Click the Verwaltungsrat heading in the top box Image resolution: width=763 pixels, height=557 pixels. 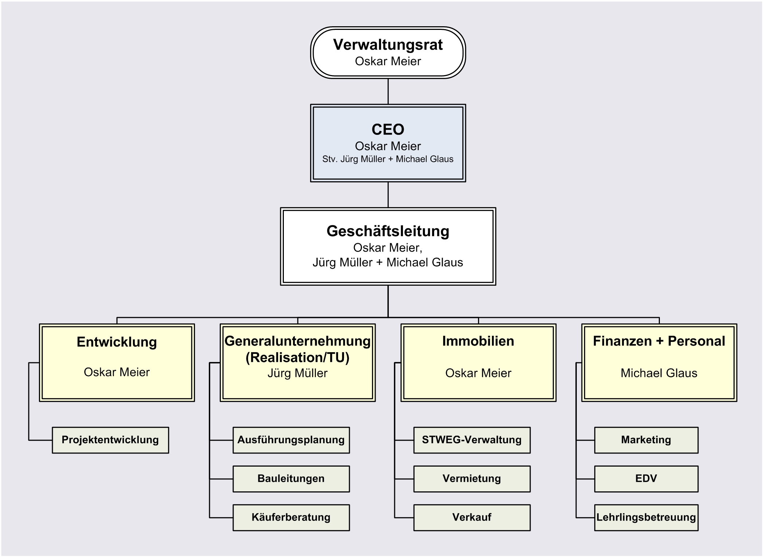click(x=388, y=45)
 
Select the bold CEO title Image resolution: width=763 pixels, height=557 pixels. click(x=388, y=129)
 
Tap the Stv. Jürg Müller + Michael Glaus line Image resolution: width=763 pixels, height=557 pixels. click(x=388, y=159)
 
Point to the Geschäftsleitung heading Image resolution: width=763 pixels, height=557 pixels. click(x=388, y=231)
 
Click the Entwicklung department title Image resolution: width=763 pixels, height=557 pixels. click(x=117, y=342)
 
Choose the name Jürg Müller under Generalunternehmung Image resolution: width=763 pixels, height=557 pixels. click(x=297, y=373)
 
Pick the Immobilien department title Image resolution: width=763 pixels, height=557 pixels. click(x=478, y=341)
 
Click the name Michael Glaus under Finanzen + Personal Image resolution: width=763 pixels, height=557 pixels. click(x=659, y=373)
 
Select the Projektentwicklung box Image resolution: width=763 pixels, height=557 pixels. click(x=110, y=440)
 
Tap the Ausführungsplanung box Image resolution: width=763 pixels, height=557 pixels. click(x=291, y=440)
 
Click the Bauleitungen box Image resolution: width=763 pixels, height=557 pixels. click(x=291, y=479)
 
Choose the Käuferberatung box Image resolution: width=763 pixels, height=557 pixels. click(x=291, y=517)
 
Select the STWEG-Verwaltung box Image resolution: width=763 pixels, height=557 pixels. click(x=472, y=440)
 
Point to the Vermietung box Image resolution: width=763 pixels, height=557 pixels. click(x=472, y=479)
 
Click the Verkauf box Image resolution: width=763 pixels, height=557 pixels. click(x=472, y=517)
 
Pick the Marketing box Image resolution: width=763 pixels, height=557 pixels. click(x=646, y=440)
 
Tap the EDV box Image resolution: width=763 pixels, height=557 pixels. click(x=646, y=479)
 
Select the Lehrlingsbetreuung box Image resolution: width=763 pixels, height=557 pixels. click(x=646, y=517)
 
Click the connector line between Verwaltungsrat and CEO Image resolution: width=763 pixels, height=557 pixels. click(x=388, y=91)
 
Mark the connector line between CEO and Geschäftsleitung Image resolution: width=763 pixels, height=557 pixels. click(x=388, y=195)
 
